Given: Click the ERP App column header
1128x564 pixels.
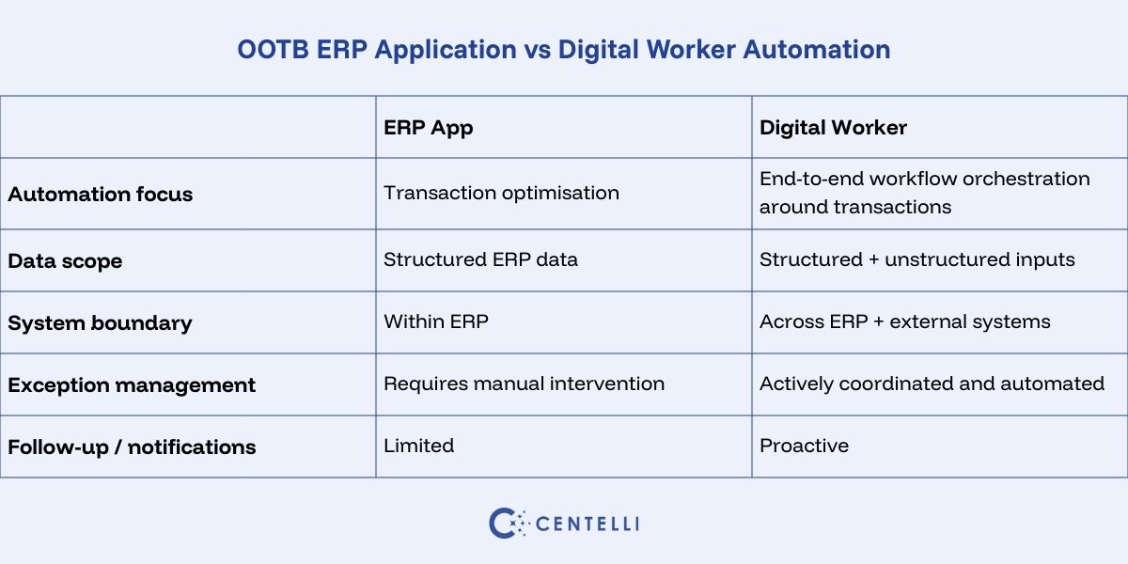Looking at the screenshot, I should click(x=428, y=127).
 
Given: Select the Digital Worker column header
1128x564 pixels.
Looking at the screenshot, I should click(x=833, y=127).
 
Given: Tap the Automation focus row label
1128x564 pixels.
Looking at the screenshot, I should click(x=100, y=195).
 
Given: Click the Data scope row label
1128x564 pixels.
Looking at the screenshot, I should click(x=65, y=261).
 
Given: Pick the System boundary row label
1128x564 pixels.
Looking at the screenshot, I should click(x=100, y=323).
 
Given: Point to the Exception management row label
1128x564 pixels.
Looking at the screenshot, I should click(x=132, y=385).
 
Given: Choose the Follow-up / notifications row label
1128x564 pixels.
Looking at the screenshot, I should click(x=132, y=447).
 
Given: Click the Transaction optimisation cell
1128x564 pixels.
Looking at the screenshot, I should click(x=501, y=193).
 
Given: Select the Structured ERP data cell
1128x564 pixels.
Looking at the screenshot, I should click(x=480, y=259).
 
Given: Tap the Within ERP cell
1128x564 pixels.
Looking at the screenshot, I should click(x=436, y=321).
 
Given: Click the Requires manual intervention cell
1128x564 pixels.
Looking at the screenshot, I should click(x=524, y=384).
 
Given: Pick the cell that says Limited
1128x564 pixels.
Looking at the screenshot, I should click(x=418, y=446).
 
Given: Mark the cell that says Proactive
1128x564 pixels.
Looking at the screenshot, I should click(x=804, y=446).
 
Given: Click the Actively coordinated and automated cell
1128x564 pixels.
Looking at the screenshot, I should click(x=932, y=384).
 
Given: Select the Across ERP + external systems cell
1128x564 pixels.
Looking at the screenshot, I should click(x=904, y=321).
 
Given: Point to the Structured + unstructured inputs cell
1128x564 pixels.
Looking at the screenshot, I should click(x=916, y=259).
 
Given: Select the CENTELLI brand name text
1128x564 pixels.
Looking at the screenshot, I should click(x=587, y=524).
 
